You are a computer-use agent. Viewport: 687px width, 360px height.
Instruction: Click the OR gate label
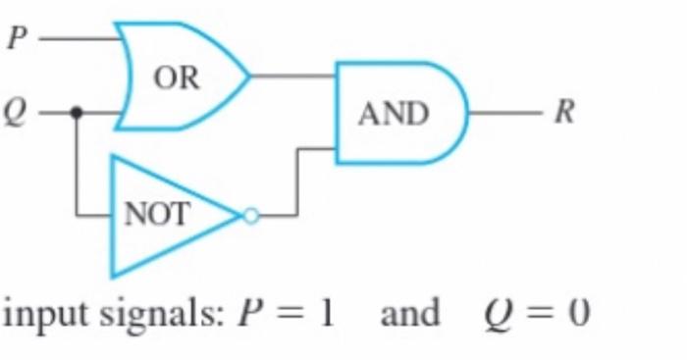177,78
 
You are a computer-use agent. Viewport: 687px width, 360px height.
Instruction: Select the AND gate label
394,115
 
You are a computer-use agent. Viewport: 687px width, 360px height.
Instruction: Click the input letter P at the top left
15,40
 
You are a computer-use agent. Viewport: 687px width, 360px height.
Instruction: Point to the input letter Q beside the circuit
15,113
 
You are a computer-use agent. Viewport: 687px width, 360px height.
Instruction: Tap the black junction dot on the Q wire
78,113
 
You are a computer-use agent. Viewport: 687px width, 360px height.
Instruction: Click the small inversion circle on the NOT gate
250,216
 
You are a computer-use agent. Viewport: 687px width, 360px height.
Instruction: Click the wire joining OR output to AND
294,76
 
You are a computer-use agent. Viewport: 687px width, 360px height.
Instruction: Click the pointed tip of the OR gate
249,76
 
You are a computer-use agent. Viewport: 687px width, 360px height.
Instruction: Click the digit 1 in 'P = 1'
326,315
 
